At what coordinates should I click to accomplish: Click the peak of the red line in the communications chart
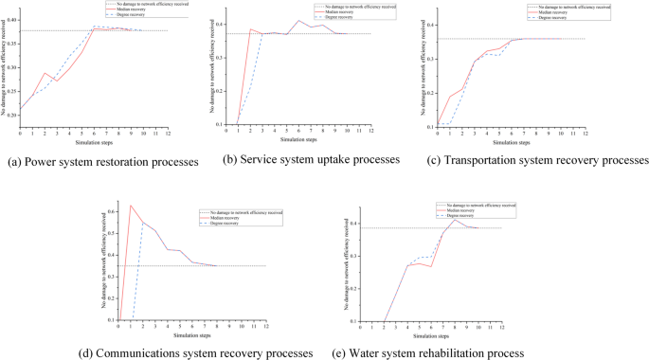[x=131, y=206]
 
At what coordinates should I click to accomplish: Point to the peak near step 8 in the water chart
[x=454, y=219]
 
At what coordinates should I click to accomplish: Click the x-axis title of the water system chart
[x=431, y=335]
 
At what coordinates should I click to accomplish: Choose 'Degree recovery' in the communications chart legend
[x=222, y=224]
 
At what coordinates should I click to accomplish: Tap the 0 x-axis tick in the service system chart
[x=227, y=131]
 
